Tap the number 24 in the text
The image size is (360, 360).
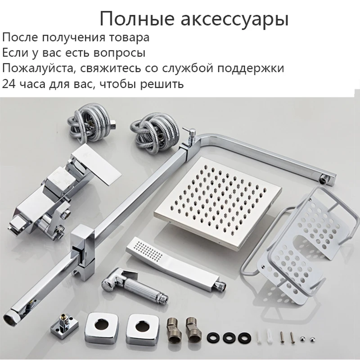click(x=9, y=84)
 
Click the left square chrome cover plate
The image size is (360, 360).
click(x=100, y=325)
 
